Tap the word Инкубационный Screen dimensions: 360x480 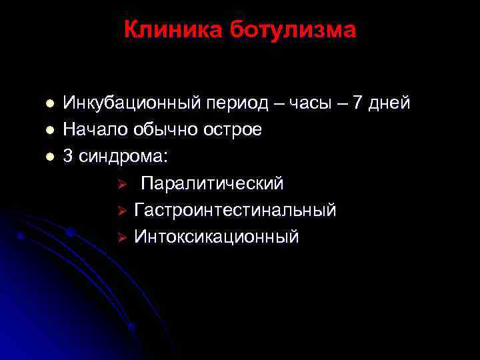tap(132, 104)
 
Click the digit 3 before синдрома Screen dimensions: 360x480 tap(68, 157)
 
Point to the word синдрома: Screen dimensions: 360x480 tap(124, 157)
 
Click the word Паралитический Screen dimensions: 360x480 tap(213, 183)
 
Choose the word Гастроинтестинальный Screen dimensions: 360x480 tap(235, 210)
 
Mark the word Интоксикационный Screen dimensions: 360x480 tap(217, 237)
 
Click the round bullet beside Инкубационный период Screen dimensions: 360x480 tap(48, 105)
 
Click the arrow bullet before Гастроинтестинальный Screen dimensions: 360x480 tap(122, 211)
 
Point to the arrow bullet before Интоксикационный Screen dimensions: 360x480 tap(122, 237)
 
